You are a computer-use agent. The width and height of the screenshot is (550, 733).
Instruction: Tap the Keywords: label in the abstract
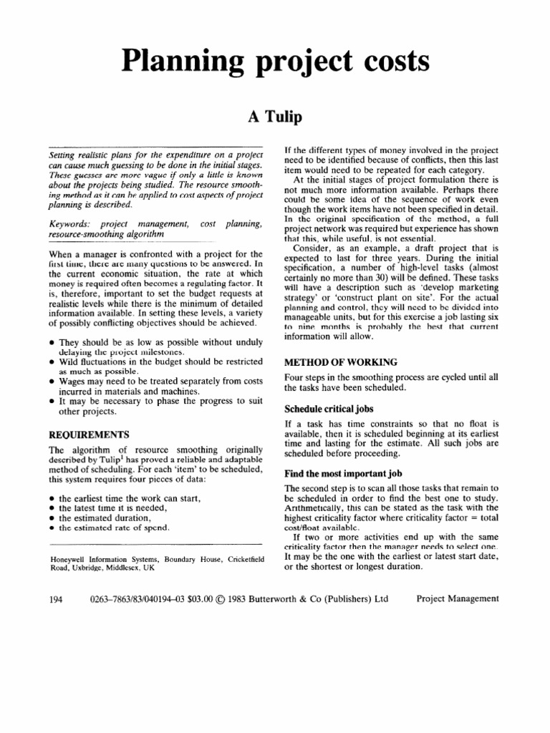pos(69,225)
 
